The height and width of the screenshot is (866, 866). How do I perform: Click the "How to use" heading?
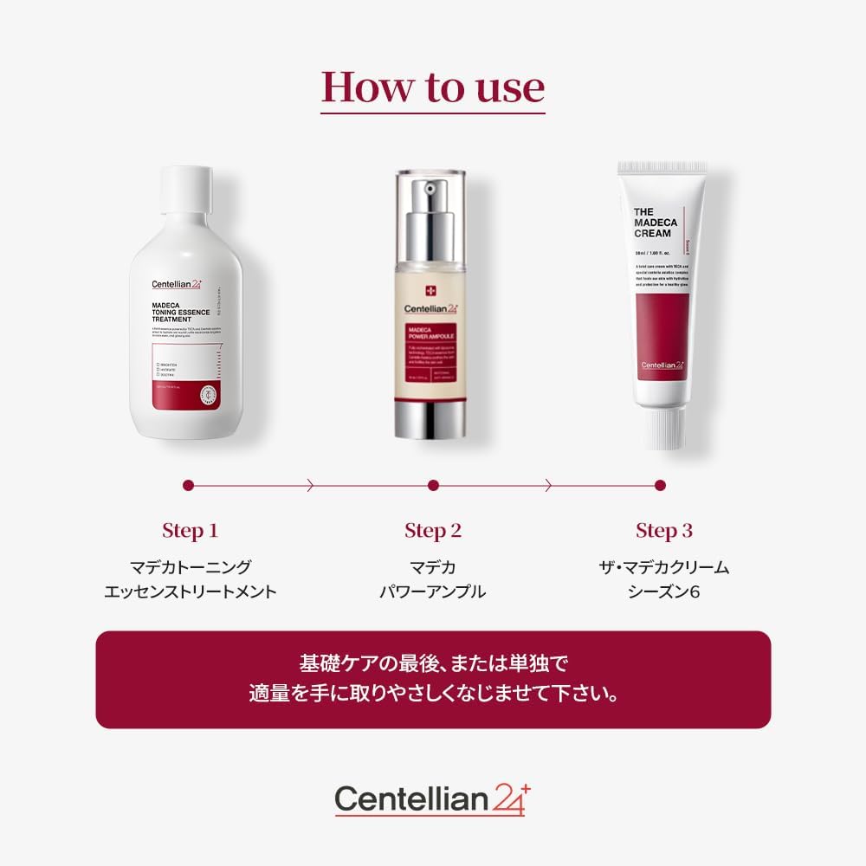[x=433, y=87]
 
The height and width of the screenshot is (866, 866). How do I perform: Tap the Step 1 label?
[x=190, y=531]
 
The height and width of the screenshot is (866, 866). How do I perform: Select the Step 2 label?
[x=433, y=531]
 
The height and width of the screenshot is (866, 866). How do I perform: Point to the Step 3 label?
[x=664, y=531]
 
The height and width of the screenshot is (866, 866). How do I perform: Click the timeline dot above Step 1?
[x=189, y=486]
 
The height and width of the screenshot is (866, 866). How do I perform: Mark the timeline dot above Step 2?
[x=433, y=486]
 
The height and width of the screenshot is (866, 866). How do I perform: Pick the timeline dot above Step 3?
[x=660, y=486]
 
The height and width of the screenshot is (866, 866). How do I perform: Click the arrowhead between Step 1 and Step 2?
[x=311, y=486]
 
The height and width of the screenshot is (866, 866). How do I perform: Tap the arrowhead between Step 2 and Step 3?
[x=547, y=486]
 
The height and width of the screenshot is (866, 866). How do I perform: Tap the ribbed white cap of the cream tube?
[x=662, y=429]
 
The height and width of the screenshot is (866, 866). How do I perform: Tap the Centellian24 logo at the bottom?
[x=433, y=798]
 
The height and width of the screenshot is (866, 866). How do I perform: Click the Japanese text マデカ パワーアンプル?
[x=433, y=580]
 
